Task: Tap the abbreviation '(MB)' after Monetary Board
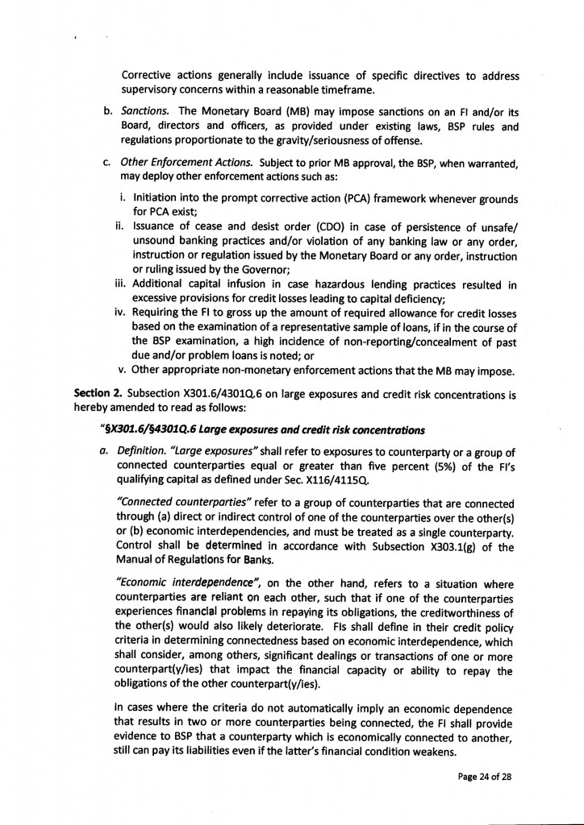[x=277, y=110]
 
